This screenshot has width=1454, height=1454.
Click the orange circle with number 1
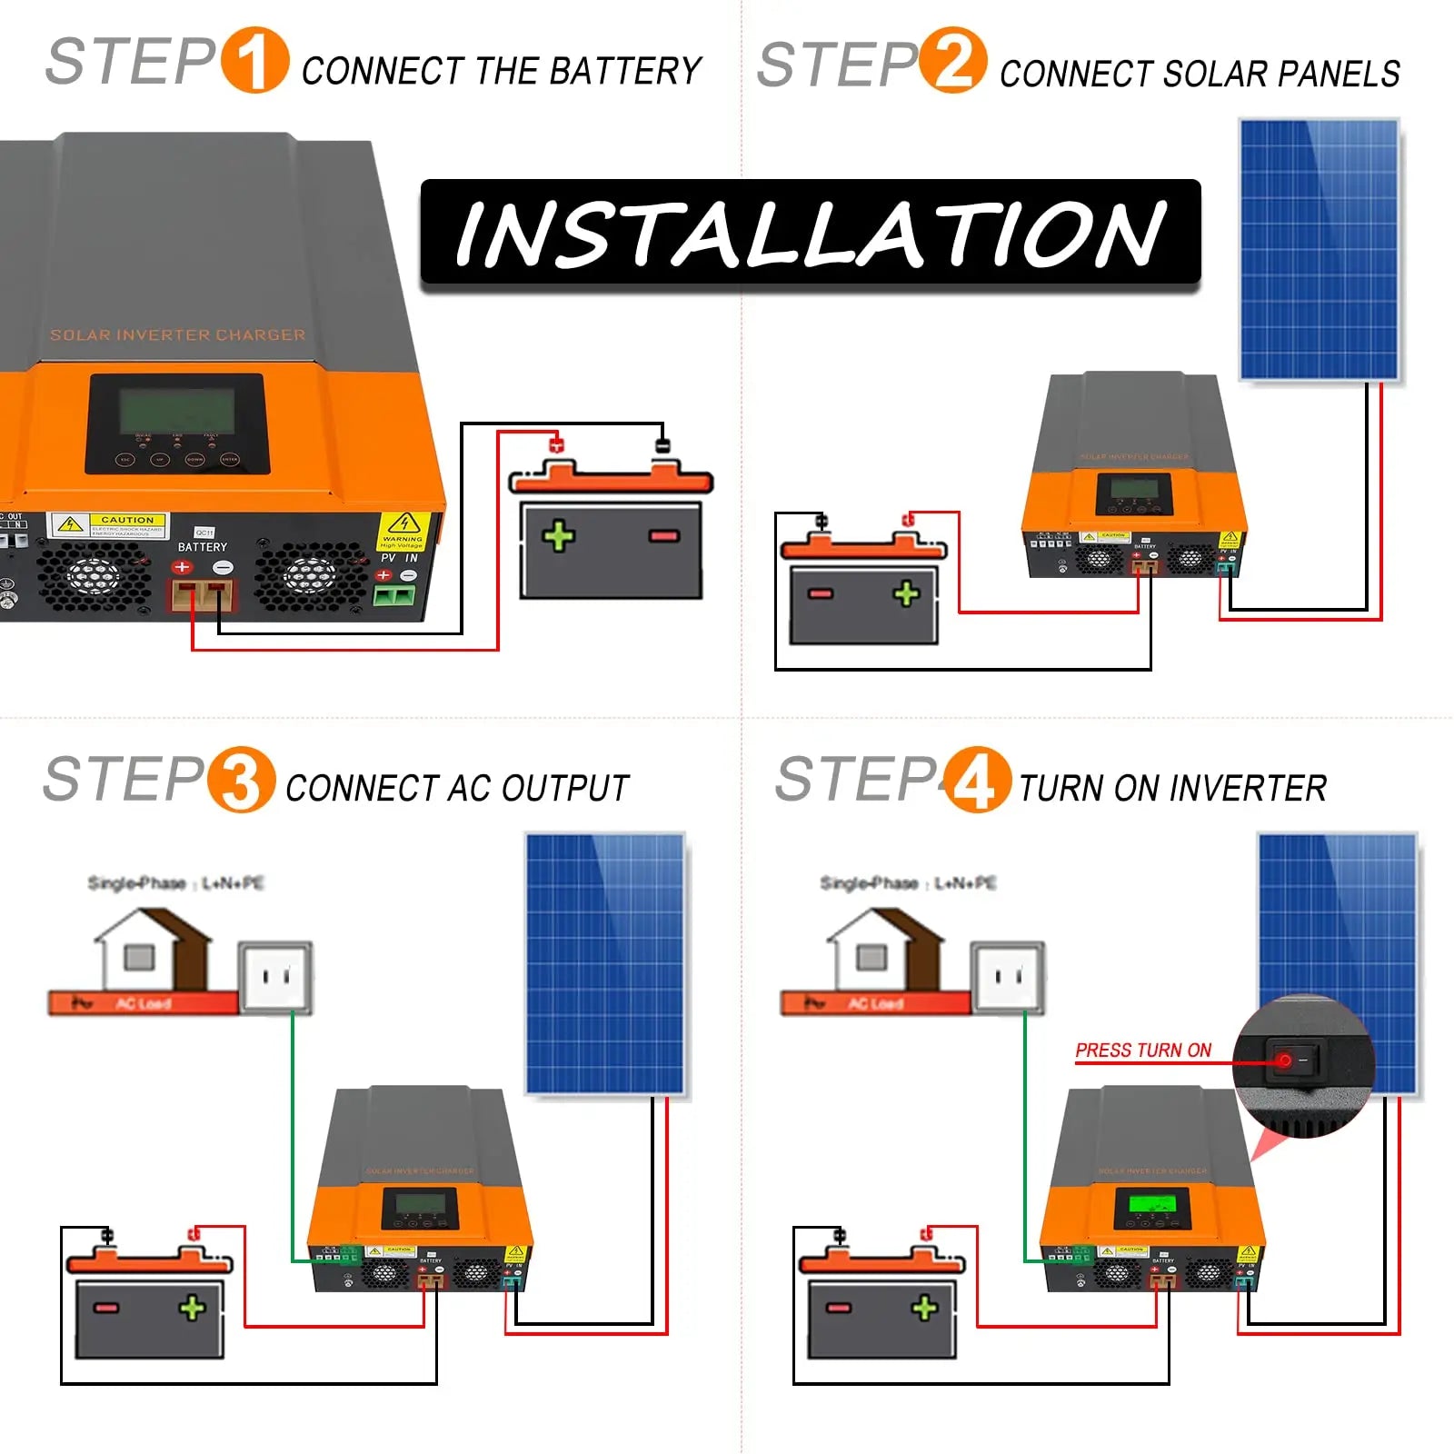pyautogui.click(x=255, y=61)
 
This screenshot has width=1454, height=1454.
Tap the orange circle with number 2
pyautogui.click(x=952, y=61)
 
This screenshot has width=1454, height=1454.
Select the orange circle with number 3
pyautogui.click(x=241, y=780)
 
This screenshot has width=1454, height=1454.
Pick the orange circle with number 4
pyautogui.click(x=977, y=780)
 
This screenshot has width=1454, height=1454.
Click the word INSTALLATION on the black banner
pyautogui.click(x=810, y=234)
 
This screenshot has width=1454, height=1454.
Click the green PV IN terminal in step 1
pyautogui.click(x=394, y=597)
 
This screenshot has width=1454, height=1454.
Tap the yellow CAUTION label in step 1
pyautogui.click(x=127, y=520)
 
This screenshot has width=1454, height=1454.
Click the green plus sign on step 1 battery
pyautogui.click(x=559, y=536)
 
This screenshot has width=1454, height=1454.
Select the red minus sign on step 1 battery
pyautogui.click(x=664, y=536)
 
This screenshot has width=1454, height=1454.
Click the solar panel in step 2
pyautogui.click(x=1319, y=249)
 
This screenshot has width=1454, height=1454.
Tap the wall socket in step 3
pyautogui.click(x=275, y=977)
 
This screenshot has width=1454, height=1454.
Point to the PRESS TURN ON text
pyautogui.click(x=1143, y=1051)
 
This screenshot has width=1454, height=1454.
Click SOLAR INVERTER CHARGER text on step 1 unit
pyautogui.click(x=177, y=335)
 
